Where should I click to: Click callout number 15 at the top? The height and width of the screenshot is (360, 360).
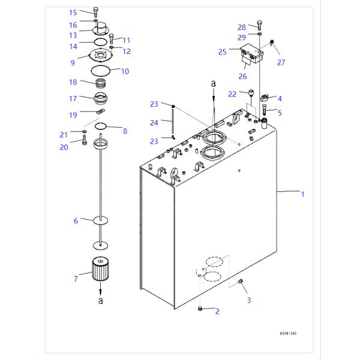pyautogui.click(x=73, y=12)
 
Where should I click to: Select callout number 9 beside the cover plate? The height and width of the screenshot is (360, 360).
pyautogui.click(x=73, y=62)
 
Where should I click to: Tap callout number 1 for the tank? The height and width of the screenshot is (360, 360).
pyautogui.click(x=303, y=194)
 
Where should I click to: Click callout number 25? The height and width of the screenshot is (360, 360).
pyautogui.click(x=223, y=52)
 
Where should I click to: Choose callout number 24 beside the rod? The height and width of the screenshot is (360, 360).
pyautogui.click(x=154, y=123)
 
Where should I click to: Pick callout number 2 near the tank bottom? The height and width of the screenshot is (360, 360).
pyautogui.click(x=217, y=311)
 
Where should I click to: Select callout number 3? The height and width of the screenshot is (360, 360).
pyautogui.click(x=249, y=300)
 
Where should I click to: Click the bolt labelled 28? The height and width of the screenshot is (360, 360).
pyautogui.click(x=259, y=25)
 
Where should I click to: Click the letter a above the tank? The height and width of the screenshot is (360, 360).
pyautogui.click(x=212, y=85)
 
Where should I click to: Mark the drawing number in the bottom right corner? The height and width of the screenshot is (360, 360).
pyautogui.click(x=288, y=334)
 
